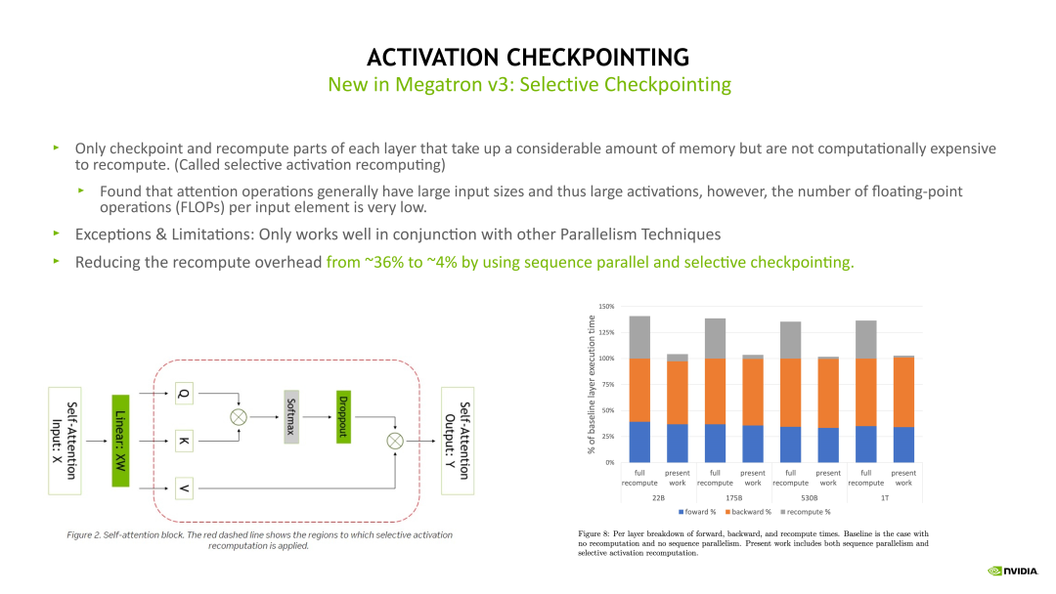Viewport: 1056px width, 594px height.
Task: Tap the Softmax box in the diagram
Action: click(290, 418)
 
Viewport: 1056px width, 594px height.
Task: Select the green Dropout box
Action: click(343, 418)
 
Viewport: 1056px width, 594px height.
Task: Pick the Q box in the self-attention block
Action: click(185, 395)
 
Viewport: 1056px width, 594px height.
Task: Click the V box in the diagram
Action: click(185, 488)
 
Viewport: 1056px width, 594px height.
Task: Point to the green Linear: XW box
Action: click(120, 441)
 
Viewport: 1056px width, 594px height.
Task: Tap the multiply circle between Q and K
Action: click(238, 417)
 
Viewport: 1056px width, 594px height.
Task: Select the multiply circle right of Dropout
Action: click(395, 441)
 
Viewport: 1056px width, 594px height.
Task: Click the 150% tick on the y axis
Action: click(606, 308)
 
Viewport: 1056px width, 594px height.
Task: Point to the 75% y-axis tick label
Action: click(608, 385)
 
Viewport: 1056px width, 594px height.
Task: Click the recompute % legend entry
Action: click(808, 512)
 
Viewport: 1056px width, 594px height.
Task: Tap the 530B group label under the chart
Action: click(809, 497)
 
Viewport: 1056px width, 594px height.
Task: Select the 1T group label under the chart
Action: click(884, 497)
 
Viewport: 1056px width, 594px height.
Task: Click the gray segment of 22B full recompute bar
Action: click(638, 337)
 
